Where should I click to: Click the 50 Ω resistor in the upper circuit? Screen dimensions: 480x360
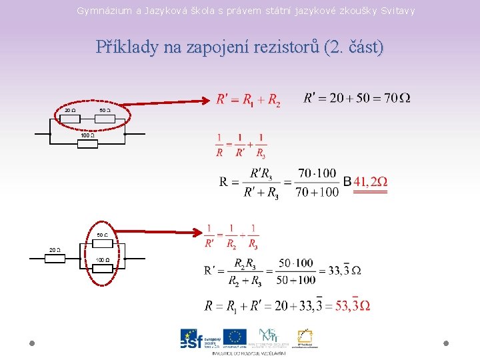105,119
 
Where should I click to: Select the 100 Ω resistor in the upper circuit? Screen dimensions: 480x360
88,143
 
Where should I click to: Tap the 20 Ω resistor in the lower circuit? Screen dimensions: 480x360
55,259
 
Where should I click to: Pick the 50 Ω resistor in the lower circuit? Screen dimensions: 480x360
102,243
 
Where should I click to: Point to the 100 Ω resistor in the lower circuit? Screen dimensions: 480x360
102,268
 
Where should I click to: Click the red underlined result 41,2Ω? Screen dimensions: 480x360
370,182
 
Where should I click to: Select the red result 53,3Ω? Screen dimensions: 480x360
353,305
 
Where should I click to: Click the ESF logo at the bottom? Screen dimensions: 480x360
199,339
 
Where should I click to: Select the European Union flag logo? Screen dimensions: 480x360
235,337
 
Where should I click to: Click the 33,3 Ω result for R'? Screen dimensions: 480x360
347,270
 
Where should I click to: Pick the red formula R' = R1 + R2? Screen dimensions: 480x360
248,100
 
